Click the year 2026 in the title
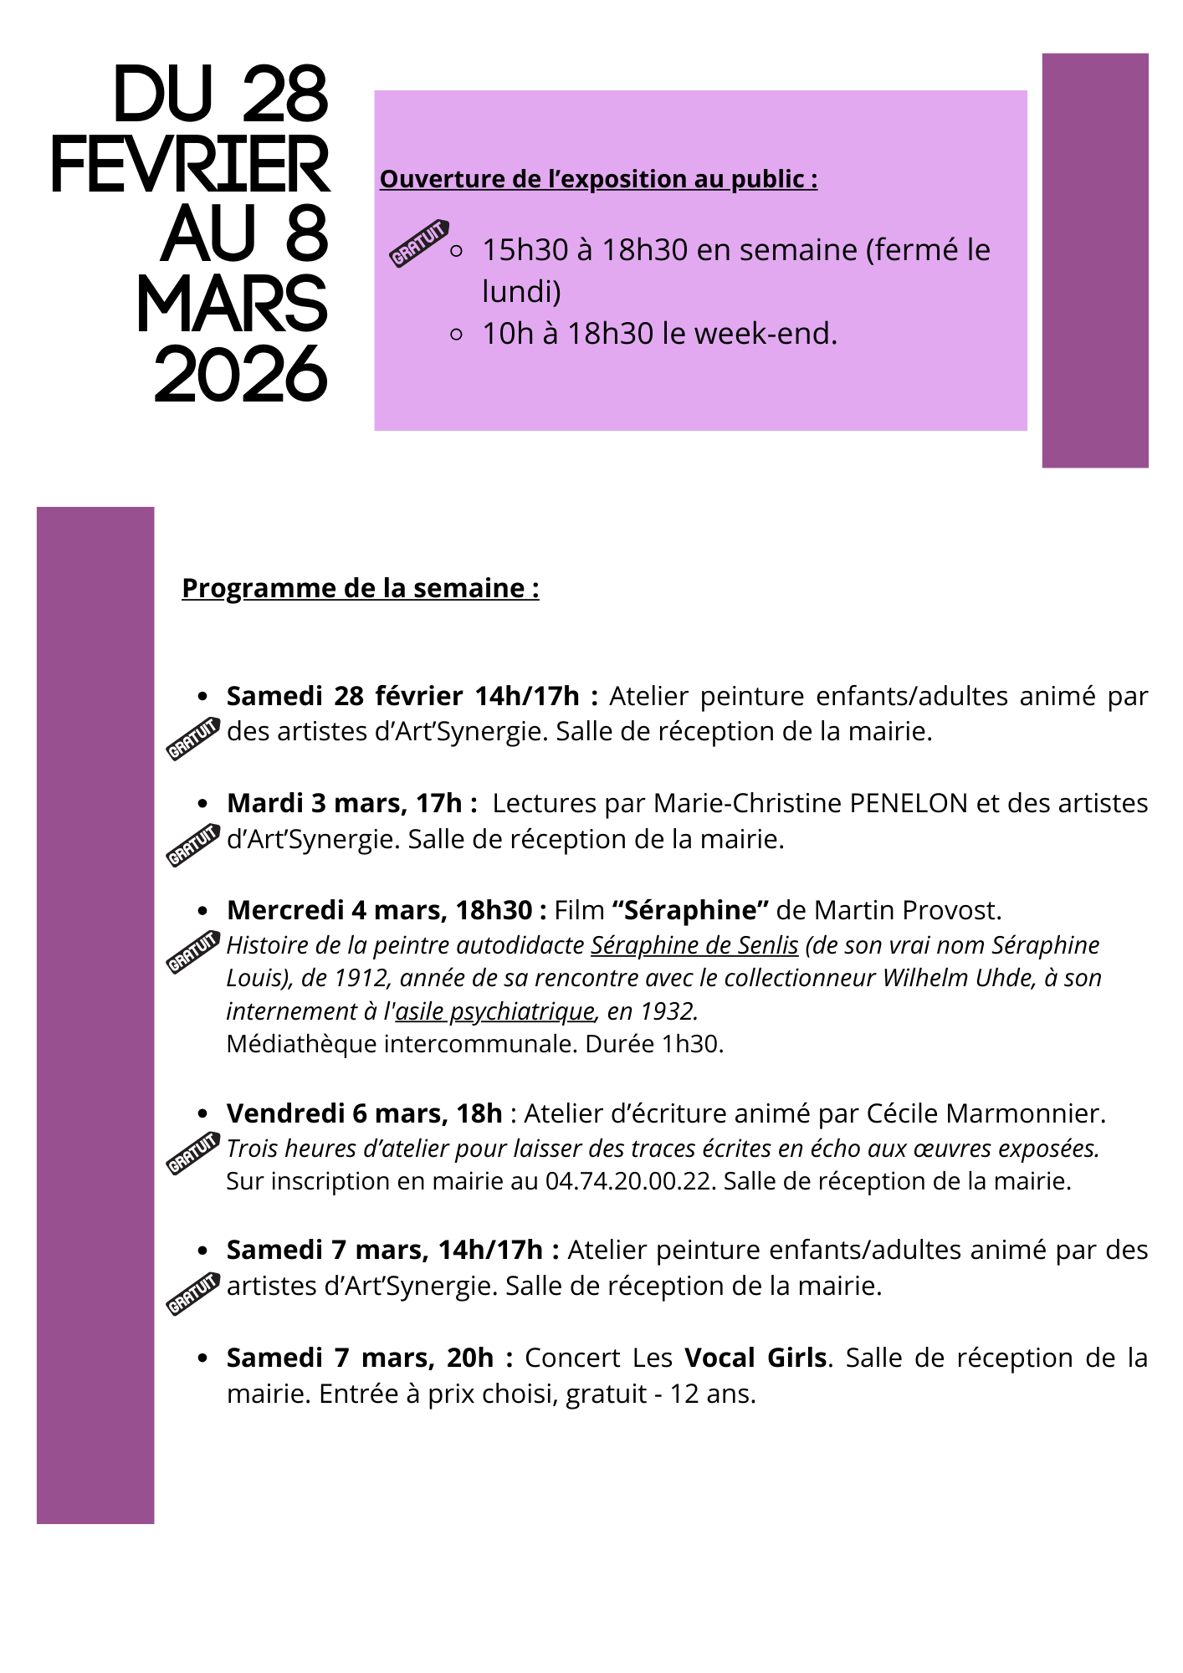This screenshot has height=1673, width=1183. click(x=241, y=376)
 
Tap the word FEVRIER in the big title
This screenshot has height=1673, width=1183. click(x=191, y=165)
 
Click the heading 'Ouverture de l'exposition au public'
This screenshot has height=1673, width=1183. click(x=598, y=179)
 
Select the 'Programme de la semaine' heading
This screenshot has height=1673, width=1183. click(x=360, y=588)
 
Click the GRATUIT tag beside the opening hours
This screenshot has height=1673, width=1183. click(x=420, y=243)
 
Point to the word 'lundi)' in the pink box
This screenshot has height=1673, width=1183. click(x=521, y=291)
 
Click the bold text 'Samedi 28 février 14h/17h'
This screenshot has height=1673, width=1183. click(x=403, y=696)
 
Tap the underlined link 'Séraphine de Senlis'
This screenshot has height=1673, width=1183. click(x=694, y=945)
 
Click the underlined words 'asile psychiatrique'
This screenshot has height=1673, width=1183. click(x=494, y=1011)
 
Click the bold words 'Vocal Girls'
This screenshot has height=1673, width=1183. click(x=755, y=1358)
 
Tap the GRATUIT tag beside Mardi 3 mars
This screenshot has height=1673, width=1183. click(x=193, y=845)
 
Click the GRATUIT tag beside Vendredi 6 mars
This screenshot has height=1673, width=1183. click(x=193, y=1154)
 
